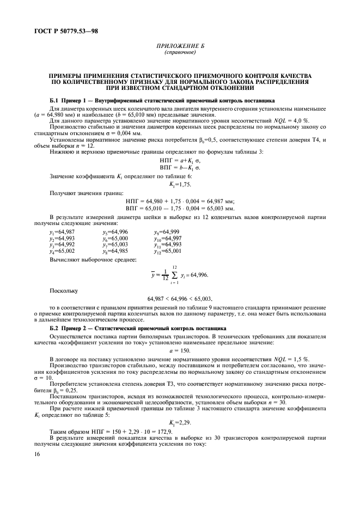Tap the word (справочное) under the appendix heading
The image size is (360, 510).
coord(180,53)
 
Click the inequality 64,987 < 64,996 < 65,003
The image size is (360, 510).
coord(180,299)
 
